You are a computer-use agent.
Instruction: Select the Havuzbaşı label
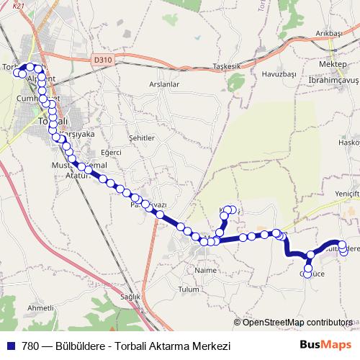pos(279,74)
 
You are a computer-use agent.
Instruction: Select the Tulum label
pos(188,289)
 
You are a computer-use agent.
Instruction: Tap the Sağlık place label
pos(130,297)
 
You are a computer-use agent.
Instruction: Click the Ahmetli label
pos(40,307)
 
